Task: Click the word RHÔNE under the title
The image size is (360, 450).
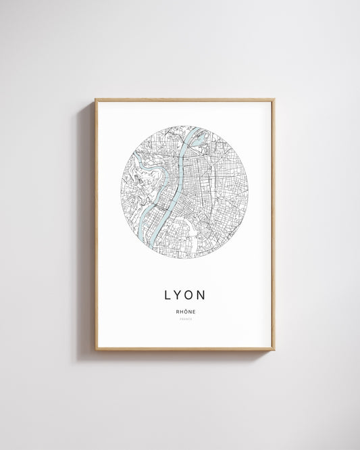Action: [185, 311]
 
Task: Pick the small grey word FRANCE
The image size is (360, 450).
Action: [185, 318]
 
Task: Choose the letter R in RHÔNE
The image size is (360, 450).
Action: [177, 311]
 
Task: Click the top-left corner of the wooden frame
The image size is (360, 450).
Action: [96, 100]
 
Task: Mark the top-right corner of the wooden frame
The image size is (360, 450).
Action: [274, 100]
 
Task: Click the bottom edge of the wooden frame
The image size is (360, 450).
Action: [185, 349]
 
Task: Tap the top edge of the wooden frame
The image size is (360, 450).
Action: [185, 100]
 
